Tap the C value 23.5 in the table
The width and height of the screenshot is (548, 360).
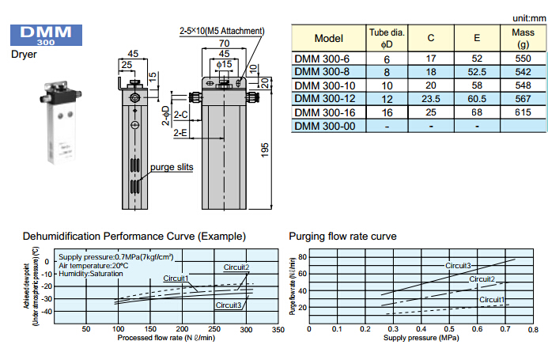tap(431, 98)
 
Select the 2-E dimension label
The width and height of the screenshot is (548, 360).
tap(181, 134)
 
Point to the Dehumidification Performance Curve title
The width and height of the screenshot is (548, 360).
tap(134, 236)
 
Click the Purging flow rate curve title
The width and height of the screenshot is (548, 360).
tap(342, 236)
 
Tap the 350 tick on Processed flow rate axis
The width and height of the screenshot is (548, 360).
tap(277, 329)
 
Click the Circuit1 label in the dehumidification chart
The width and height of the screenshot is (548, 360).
tap(176, 278)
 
